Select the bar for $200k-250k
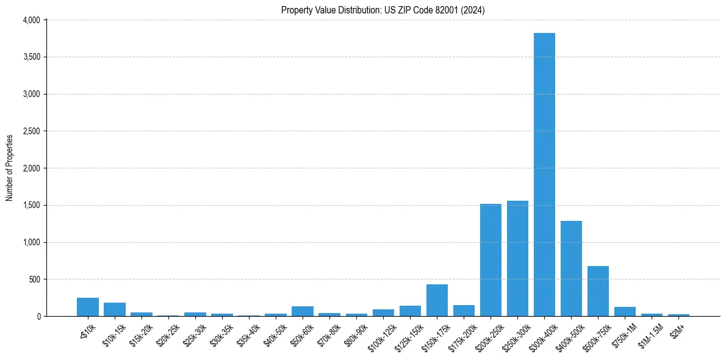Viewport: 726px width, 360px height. pos(491,260)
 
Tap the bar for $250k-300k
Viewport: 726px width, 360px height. pos(517,259)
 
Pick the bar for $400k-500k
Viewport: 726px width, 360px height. pos(571,268)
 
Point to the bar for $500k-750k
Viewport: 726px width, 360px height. pos(598,291)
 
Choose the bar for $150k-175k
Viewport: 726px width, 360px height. pos(437,300)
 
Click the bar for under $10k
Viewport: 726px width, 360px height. pos(88,307)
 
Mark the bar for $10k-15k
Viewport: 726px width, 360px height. pos(115,309)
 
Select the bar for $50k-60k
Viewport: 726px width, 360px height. pos(303,311)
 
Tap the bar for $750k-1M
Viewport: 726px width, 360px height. pos(625,312)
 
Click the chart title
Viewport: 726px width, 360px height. pos(383,10)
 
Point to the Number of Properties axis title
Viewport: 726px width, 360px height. pos(10,168)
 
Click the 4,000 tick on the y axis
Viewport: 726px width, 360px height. pos(31,20)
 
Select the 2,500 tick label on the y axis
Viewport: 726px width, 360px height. pos(31,131)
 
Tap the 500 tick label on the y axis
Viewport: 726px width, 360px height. pos(34,279)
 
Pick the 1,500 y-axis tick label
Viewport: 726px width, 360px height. pos(31,205)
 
